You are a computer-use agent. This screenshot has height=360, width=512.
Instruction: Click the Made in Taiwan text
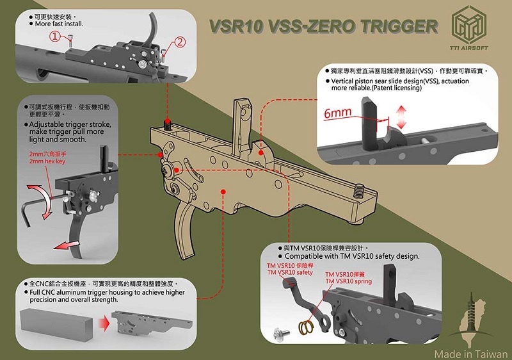pyautogui.click(x=470, y=353)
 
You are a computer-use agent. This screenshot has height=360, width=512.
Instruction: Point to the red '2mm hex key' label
pyautogui.click(x=48, y=162)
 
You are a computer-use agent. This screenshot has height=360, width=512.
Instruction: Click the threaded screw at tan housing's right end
pyautogui.click(x=358, y=189)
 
